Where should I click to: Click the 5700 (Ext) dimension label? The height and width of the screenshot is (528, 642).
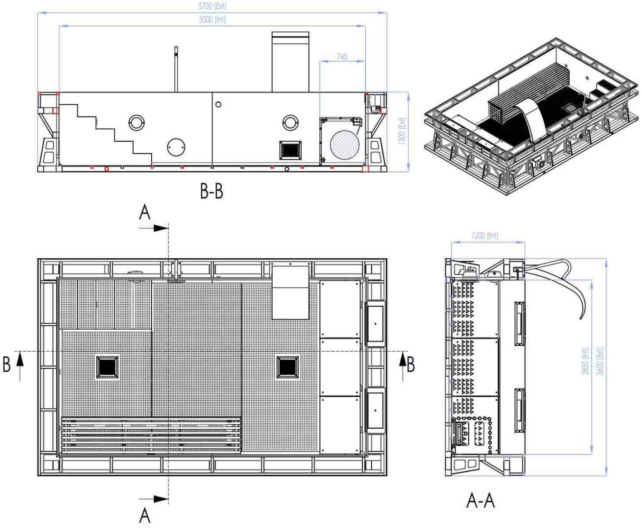[x=212, y=6]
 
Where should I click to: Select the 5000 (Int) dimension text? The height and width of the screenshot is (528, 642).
[x=212, y=19]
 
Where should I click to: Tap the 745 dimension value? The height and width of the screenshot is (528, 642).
[x=342, y=56]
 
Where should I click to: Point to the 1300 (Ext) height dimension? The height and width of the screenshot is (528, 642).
[x=401, y=131]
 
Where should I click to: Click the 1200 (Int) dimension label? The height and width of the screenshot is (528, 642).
[x=485, y=235]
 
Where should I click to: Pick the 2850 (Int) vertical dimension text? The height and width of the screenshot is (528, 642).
[x=585, y=361]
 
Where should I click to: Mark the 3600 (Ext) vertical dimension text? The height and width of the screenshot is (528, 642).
[x=599, y=361]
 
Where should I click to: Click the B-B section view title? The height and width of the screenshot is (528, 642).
[x=212, y=191]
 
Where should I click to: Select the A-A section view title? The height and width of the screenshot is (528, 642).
[x=480, y=501]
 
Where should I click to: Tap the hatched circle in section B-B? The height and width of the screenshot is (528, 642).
[x=345, y=144]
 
